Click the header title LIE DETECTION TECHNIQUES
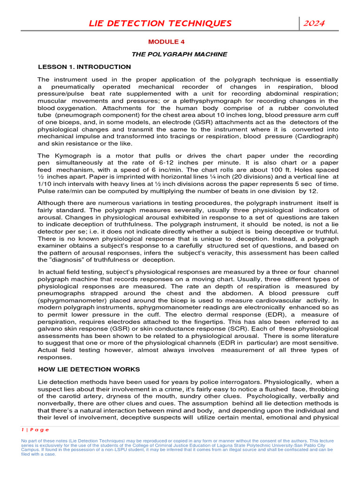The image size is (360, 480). pyautogui.click(x=161, y=23)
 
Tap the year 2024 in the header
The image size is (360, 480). pyautogui.click(x=314, y=23)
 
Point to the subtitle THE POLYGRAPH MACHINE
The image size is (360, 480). pyautogui.click(x=179, y=54)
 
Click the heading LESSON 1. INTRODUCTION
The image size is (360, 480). pyautogui.click(x=84, y=67)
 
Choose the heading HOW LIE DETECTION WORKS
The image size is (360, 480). pyautogui.click(x=89, y=369)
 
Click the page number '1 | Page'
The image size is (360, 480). pyautogui.click(x=35, y=429)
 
